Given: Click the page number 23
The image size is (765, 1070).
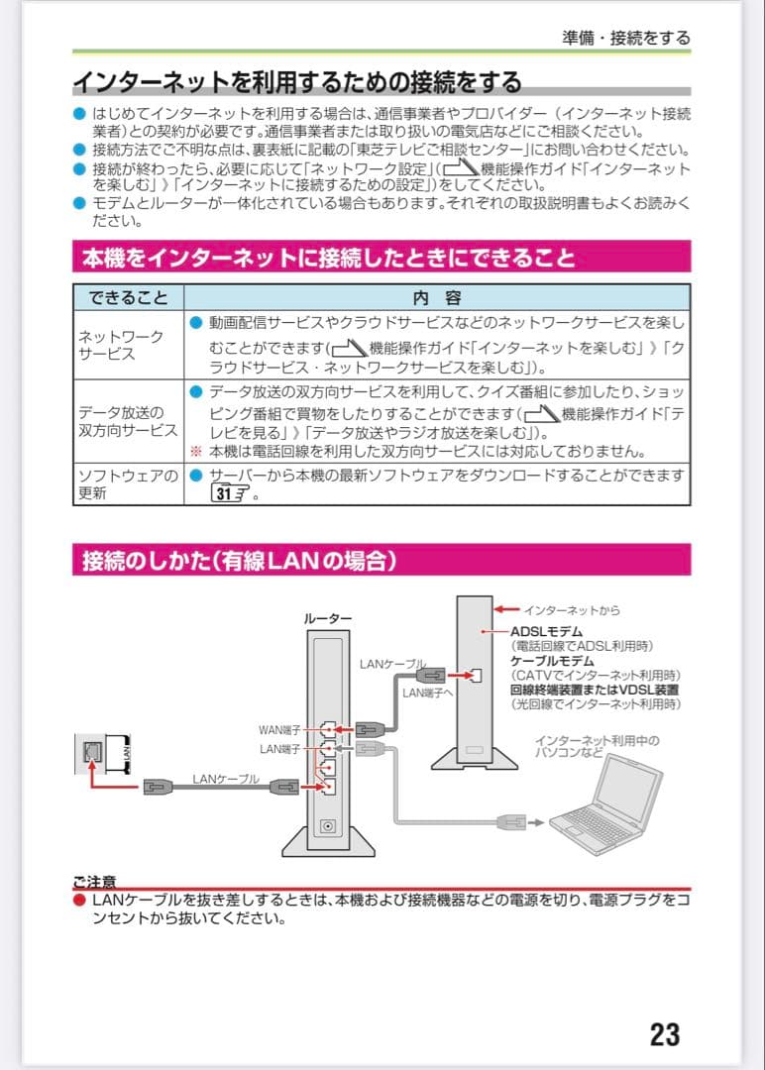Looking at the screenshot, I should pos(665,1034).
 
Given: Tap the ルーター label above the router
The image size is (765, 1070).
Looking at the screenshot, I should pos(327,618).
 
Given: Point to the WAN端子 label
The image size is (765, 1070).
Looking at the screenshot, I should pos(279,730).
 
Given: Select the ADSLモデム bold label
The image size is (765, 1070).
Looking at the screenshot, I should pos(546,631).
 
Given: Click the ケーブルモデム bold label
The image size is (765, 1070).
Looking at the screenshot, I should pos(552,660).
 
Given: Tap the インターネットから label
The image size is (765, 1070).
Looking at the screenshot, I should pos(572,609).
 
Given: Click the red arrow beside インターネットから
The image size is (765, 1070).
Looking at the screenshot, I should pos(507,608).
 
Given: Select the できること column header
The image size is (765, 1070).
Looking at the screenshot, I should pos(128,297).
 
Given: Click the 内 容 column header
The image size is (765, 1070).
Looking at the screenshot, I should pos(436,297).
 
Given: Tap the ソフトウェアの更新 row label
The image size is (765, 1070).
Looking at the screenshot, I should pos(128,484).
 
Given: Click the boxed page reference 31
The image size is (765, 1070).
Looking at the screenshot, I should pos(228,493).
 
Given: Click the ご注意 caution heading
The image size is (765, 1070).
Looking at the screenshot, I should pos(94,881).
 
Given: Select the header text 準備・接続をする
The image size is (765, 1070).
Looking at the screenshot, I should pos(625,38).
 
